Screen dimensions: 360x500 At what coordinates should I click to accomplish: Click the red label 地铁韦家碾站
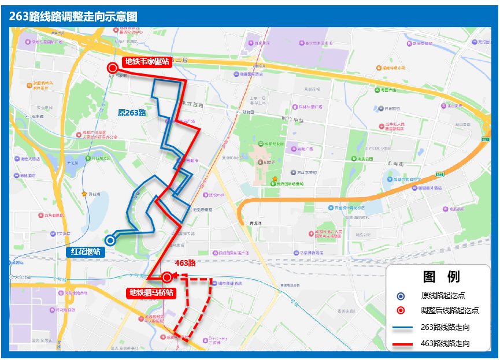click(147, 62)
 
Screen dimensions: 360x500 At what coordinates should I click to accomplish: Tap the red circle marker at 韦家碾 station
click(113, 68)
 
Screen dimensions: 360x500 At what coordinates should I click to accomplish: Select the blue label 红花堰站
click(86, 251)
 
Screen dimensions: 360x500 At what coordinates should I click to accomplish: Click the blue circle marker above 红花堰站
click(110, 241)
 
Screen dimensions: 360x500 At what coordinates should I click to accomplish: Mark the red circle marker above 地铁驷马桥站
click(167, 277)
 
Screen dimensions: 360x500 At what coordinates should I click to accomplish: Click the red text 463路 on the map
click(185, 263)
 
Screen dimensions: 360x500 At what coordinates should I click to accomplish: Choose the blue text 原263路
click(132, 113)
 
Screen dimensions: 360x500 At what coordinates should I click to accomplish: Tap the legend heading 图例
click(441, 277)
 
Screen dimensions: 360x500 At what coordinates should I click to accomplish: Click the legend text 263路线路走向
click(445, 328)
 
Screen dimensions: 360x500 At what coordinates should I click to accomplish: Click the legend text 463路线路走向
click(445, 344)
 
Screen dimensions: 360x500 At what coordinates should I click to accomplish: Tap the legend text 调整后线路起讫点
click(450, 310)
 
